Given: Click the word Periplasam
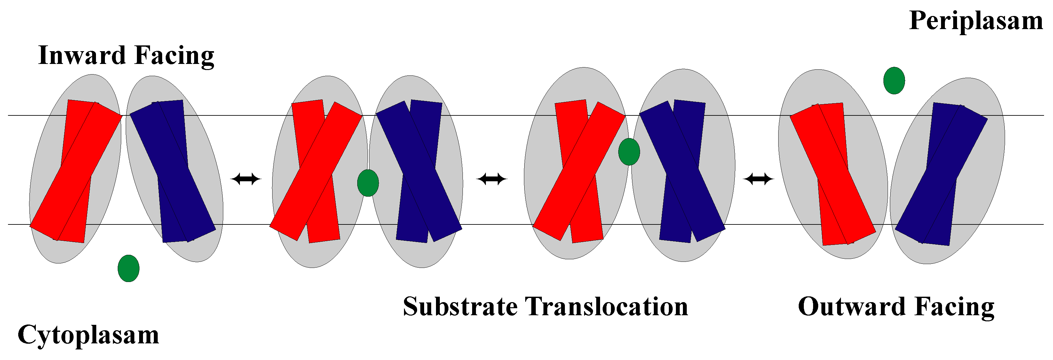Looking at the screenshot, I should point(976,21).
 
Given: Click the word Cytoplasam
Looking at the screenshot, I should point(88,335).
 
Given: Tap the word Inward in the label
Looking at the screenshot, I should point(82,55).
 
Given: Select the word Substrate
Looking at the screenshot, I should point(460,307).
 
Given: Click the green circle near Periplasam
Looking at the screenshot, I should point(894,81).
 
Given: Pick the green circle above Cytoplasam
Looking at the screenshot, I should point(128,269).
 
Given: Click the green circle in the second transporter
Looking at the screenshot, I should point(368,183).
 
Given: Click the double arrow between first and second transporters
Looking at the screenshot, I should point(246,179).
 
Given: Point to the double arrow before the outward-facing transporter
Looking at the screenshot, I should point(758,179).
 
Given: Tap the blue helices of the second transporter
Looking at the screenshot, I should point(419,172).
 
